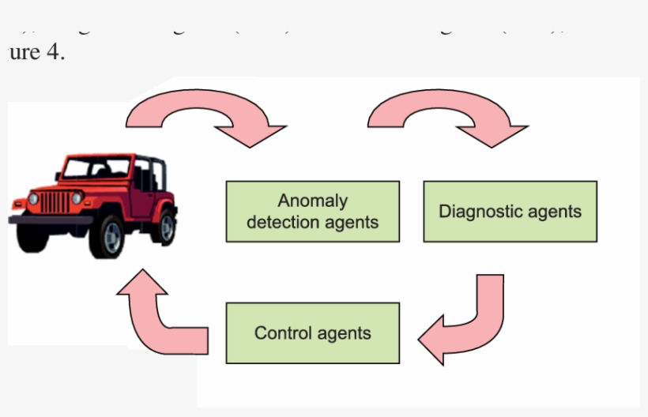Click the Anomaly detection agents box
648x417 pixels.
pyautogui.click(x=312, y=211)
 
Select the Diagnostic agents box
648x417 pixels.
pyautogui.click(x=510, y=211)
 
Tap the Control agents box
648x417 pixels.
pyautogui.click(x=312, y=332)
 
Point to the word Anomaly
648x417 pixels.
pyautogui.click(x=312, y=201)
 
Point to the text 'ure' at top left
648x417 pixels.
pyautogui.click(x=24, y=56)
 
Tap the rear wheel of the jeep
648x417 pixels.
pyautogui.click(x=164, y=226)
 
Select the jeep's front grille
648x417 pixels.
pyautogui.click(x=55, y=202)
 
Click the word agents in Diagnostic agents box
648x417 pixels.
pyautogui.click(x=556, y=212)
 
